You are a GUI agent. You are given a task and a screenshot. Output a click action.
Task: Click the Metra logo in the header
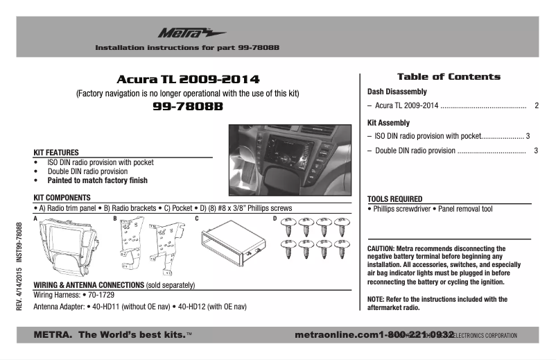182,33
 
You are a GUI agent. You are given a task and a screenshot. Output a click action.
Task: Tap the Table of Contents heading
448,76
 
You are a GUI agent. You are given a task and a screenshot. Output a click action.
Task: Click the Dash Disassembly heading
397,92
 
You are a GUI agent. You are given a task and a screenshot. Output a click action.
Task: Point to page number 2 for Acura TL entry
537,106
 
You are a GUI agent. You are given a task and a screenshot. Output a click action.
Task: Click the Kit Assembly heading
388,123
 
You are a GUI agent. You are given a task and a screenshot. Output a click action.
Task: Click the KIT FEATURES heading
56,153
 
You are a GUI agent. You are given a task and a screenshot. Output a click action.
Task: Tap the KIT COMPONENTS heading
62,198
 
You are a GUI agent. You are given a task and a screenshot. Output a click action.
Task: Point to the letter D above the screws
275,219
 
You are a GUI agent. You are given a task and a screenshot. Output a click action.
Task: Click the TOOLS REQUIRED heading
394,198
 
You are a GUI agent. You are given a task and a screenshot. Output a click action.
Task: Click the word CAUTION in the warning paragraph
381,248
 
